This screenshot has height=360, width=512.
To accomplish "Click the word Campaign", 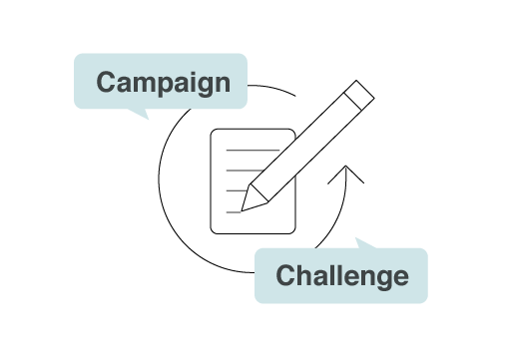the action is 163,83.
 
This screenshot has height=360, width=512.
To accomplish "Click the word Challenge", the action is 342,276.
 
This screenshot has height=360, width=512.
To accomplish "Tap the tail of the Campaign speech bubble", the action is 140,113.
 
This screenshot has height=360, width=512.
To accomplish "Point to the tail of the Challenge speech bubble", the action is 364,243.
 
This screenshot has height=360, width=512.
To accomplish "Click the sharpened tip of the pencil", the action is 242,210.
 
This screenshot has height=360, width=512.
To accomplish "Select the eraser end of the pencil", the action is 359,95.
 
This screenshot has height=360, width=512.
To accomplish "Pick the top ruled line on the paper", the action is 253,151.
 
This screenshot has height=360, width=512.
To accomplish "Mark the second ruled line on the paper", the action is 245,171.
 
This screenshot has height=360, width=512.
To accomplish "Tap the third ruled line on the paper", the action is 236,190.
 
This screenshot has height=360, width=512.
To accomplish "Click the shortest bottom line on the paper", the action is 234,212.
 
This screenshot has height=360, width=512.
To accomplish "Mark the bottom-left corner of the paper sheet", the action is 211,233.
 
